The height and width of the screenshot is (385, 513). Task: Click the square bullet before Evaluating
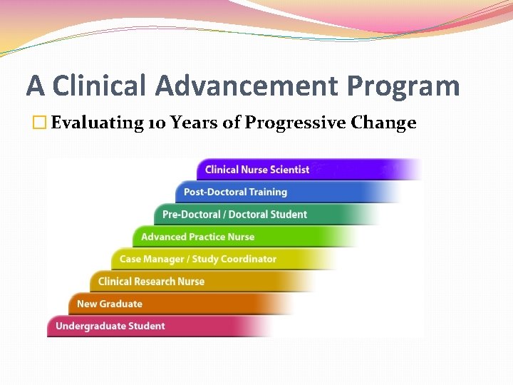(40, 123)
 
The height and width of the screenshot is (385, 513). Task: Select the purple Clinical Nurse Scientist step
(257, 170)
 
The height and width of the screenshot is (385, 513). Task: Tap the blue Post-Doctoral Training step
(235, 192)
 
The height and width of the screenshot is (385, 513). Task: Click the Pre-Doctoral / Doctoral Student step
(234, 215)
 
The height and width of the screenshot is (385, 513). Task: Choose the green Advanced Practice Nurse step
(197, 237)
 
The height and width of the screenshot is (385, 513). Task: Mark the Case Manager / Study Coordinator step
(197, 259)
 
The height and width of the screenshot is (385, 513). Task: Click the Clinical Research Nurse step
(151, 282)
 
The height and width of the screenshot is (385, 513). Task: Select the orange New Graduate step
(110, 304)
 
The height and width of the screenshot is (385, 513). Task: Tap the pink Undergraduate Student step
(110, 327)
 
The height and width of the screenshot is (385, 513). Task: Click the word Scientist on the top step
(288, 170)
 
